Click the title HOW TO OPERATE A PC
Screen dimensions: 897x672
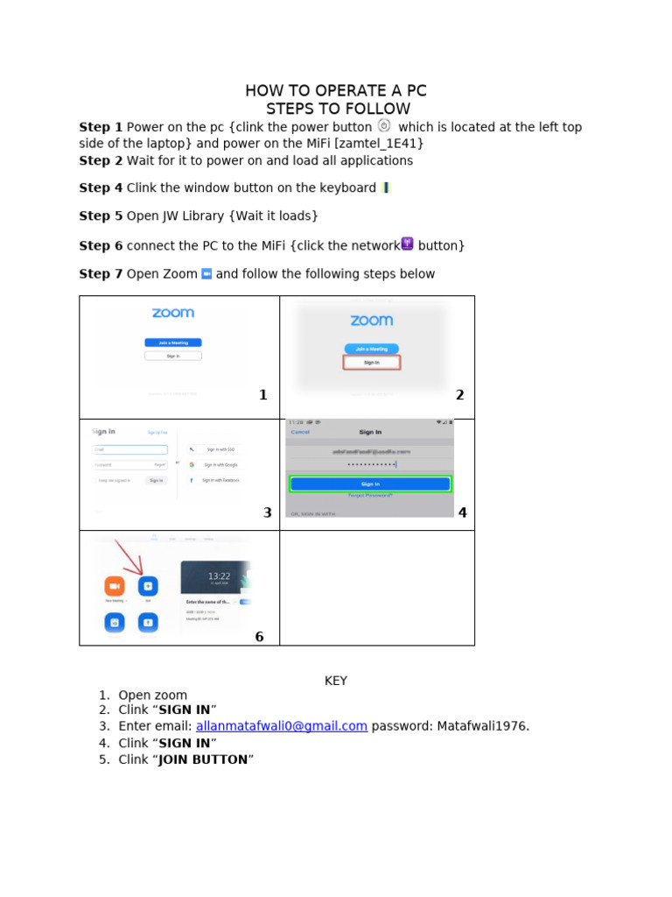[x=336, y=91]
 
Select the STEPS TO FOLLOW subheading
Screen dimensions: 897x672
[x=338, y=109]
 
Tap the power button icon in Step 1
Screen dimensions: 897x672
[x=383, y=125]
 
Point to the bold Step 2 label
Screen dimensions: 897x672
[x=101, y=161]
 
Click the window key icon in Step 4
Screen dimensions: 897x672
[x=386, y=187]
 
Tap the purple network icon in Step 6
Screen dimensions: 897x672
[x=407, y=244]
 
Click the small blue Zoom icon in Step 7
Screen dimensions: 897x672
[x=206, y=274]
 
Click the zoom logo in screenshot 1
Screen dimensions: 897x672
[x=173, y=313]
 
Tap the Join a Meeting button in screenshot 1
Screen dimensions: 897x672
[x=173, y=343]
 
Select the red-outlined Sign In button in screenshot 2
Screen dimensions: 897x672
[x=372, y=362]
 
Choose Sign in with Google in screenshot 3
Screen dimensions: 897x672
[x=218, y=464]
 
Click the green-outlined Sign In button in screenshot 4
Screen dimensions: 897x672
[x=370, y=484]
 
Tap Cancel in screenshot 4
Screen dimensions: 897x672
[x=300, y=432]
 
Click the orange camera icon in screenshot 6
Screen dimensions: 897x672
[x=115, y=586]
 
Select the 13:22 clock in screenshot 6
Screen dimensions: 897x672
[x=219, y=576]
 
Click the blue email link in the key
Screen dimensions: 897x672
[x=282, y=726]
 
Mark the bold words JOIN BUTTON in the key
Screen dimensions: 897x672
[x=203, y=759]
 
